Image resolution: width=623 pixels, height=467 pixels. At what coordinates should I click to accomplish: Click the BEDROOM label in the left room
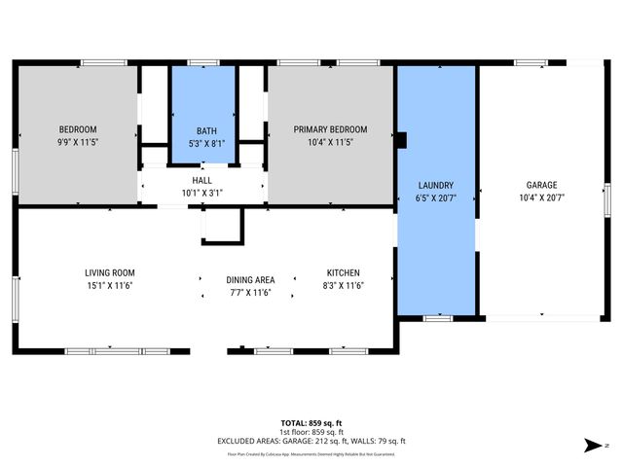click(x=78, y=129)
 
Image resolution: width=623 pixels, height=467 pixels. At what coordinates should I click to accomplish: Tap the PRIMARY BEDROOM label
click(x=331, y=129)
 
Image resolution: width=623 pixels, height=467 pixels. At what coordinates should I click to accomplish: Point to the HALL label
click(x=202, y=180)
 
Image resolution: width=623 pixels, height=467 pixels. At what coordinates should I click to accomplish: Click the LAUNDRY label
click(x=436, y=185)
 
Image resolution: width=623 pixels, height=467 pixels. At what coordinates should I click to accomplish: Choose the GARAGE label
click(x=542, y=185)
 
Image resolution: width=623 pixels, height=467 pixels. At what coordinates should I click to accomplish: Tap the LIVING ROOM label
click(x=109, y=273)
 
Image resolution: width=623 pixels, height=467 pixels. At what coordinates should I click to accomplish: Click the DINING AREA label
click(x=250, y=279)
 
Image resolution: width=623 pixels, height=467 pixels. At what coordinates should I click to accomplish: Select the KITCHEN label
click(x=344, y=273)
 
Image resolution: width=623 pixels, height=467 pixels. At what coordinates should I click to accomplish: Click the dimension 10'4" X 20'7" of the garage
click(x=542, y=198)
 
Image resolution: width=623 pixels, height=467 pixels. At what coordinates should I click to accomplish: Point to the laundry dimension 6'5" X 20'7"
click(x=436, y=198)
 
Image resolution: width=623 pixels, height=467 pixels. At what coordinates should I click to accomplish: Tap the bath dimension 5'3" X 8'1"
click(x=205, y=143)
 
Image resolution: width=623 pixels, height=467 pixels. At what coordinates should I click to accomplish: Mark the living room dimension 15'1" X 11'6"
click(x=109, y=286)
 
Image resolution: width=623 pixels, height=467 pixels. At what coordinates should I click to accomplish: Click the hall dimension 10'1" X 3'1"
click(x=202, y=193)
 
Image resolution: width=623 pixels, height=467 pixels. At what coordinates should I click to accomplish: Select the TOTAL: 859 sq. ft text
click(x=311, y=422)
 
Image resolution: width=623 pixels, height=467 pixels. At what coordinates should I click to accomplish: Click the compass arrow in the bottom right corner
click(x=591, y=446)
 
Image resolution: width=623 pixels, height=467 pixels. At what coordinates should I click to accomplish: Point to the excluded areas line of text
click(x=311, y=441)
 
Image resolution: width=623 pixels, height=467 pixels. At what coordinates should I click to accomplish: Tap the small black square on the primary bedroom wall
click(x=399, y=139)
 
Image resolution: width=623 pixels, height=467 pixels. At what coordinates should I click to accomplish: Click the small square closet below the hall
click(x=221, y=225)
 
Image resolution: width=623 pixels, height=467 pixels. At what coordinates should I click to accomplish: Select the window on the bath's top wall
click(x=203, y=63)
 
